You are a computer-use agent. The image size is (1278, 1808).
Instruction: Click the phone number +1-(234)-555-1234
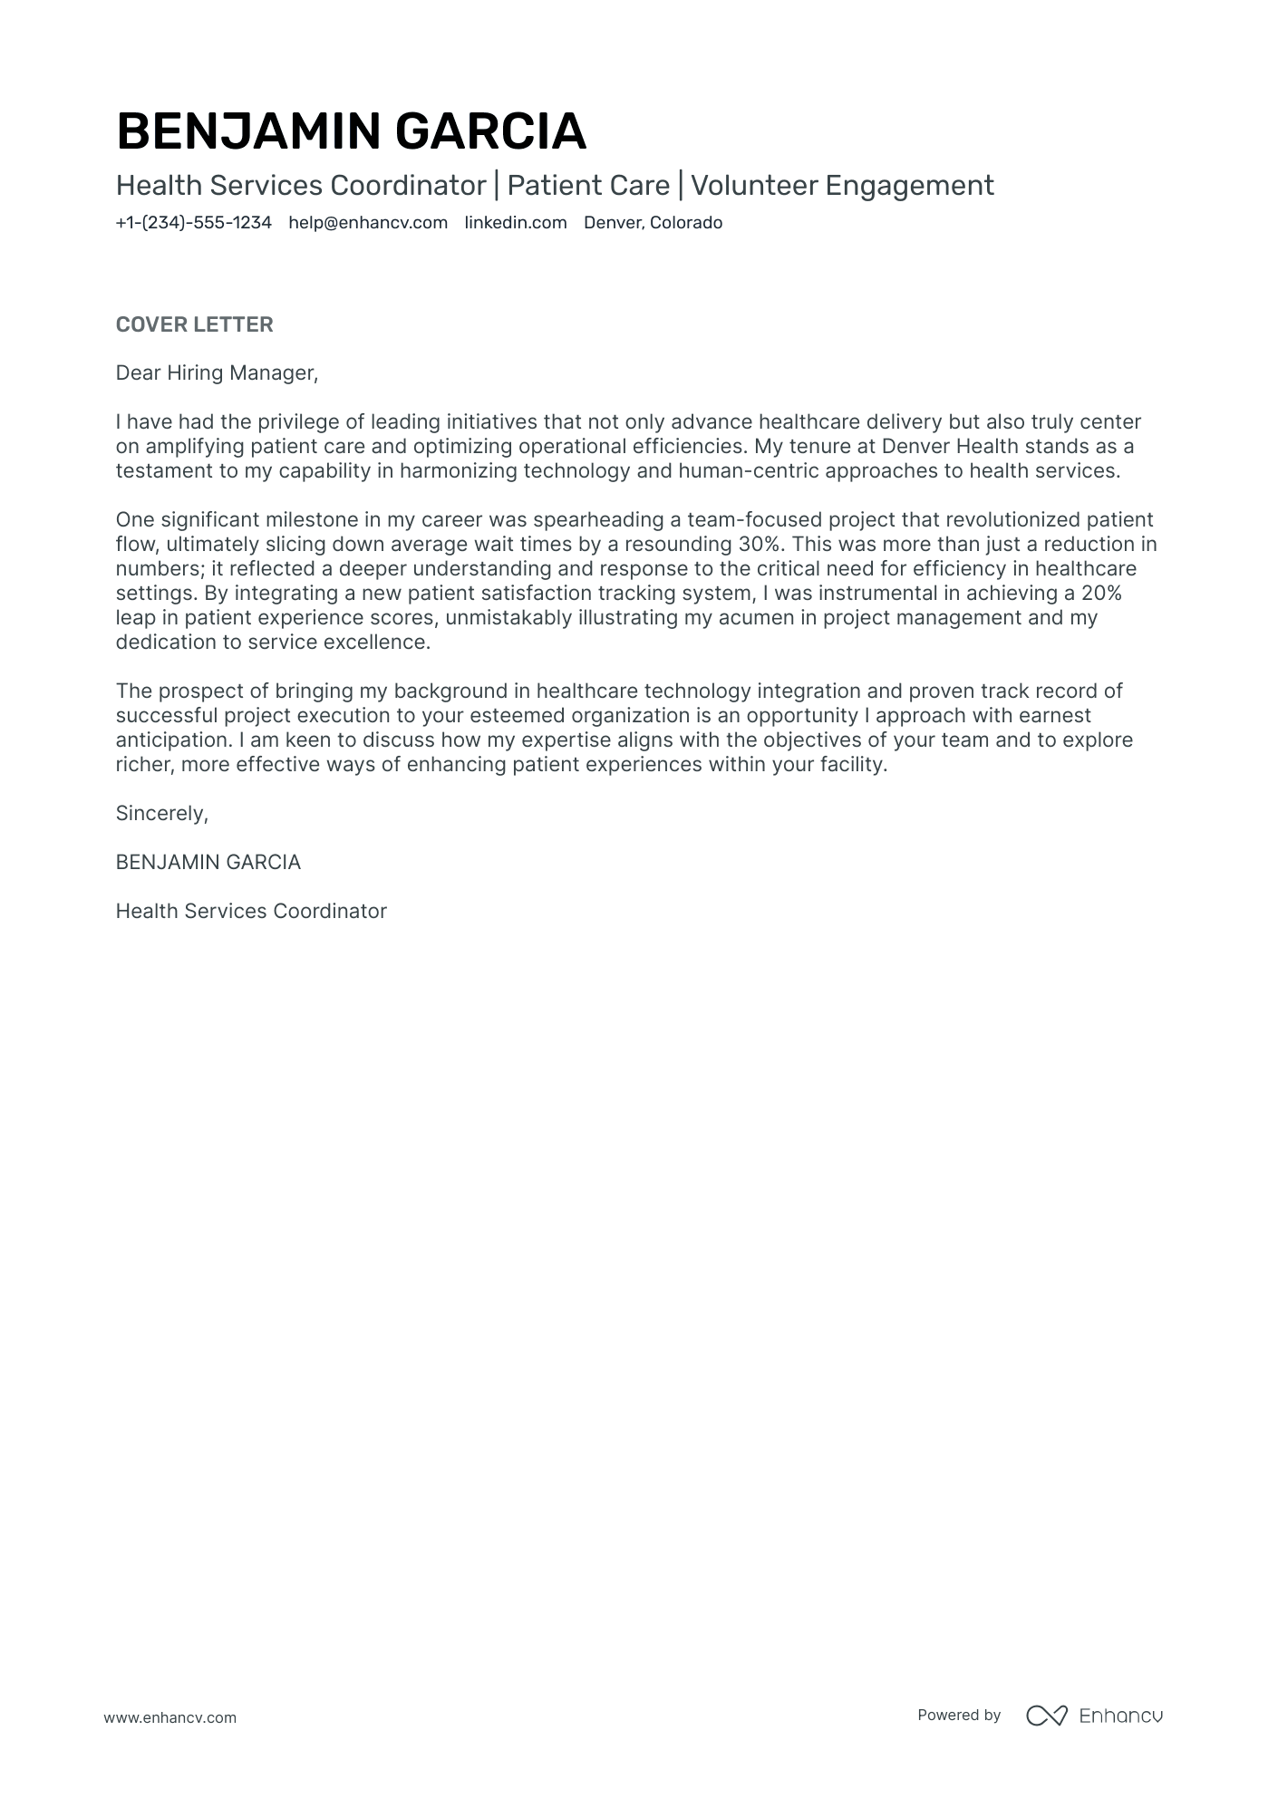click(193, 223)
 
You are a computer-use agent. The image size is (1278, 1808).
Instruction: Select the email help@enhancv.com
click(368, 223)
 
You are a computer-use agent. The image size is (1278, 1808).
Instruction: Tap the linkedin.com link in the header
click(516, 223)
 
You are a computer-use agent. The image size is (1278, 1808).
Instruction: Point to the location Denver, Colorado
click(653, 223)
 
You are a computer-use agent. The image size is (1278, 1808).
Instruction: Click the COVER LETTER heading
click(194, 324)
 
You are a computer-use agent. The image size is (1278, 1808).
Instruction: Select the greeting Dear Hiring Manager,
click(217, 372)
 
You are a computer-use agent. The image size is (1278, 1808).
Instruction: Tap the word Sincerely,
click(161, 813)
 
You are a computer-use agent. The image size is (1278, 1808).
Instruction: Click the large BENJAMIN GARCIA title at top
click(351, 131)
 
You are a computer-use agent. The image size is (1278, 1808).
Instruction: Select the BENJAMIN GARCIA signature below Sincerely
click(208, 862)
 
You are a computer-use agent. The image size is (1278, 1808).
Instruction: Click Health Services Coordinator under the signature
click(251, 911)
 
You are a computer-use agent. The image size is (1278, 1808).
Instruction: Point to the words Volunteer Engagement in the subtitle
click(842, 186)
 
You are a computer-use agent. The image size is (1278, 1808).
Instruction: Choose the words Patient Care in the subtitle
click(587, 186)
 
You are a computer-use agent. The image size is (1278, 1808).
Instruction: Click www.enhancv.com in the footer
click(169, 1717)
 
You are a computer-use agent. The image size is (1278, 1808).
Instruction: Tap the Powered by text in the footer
click(958, 1715)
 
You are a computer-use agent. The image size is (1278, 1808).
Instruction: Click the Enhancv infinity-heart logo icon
click(1046, 1715)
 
